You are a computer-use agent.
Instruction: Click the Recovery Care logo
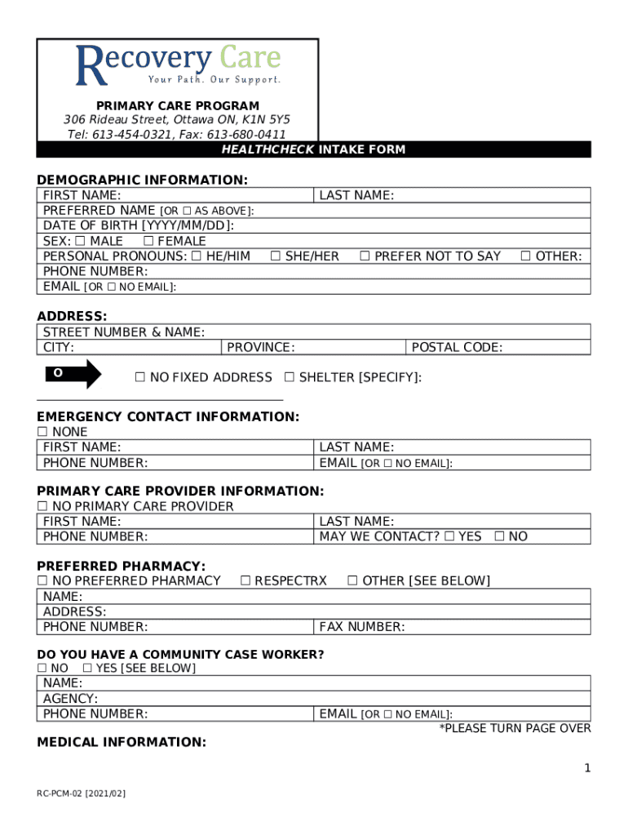tap(178, 65)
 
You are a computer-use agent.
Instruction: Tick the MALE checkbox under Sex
tap(80, 241)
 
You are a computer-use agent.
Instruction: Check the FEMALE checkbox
tap(148, 241)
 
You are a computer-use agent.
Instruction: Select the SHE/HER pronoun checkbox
tap(276, 256)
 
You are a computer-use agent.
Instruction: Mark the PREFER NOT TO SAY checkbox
tap(365, 256)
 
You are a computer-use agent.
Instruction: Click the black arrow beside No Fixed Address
tap(73, 374)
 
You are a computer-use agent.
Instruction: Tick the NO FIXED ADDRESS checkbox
tap(139, 377)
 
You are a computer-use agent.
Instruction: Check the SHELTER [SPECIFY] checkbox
tap(290, 377)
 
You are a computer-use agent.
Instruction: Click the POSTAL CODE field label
tap(457, 348)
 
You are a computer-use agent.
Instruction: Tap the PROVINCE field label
tap(260, 348)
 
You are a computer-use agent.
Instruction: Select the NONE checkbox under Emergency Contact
tap(42, 432)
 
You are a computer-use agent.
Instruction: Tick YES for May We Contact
tap(449, 536)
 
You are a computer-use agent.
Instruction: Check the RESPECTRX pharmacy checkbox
tap(245, 580)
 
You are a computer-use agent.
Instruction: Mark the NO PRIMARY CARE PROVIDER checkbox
tap(42, 506)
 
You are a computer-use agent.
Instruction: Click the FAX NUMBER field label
tap(362, 627)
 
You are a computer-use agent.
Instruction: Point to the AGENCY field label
tap(70, 699)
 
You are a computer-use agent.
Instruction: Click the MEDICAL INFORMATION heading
tap(122, 742)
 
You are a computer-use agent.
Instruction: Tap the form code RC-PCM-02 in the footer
tap(79, 794)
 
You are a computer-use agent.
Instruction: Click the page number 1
tap(586, 768)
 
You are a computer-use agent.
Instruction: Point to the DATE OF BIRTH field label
tap(138, 226)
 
